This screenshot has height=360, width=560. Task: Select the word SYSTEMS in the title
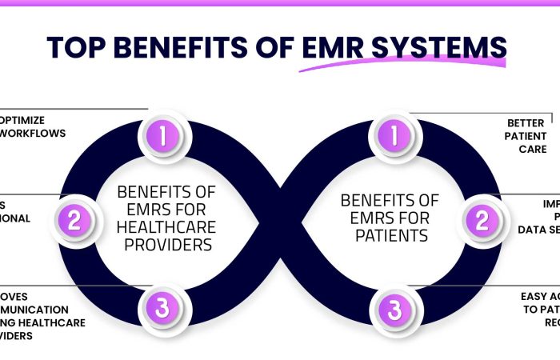click(443, 47)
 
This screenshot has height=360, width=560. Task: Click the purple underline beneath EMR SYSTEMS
click(400, 65)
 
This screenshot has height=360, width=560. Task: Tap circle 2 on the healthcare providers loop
click(74, 219)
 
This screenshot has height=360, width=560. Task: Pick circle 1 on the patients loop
click(392, 135)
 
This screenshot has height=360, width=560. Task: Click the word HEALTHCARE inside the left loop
click(166, 227)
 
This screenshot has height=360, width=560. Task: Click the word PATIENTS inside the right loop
click(390, 235)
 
